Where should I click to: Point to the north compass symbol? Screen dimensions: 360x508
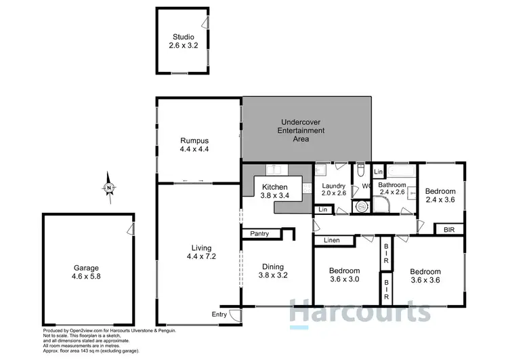tap(108, 188)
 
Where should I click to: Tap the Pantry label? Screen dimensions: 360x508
tap(259, 234)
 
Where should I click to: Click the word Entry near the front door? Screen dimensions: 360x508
tap(219, 315)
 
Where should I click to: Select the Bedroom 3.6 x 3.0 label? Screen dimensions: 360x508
tap(343, 275)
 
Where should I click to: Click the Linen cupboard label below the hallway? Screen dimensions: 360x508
tap(332, 240)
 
